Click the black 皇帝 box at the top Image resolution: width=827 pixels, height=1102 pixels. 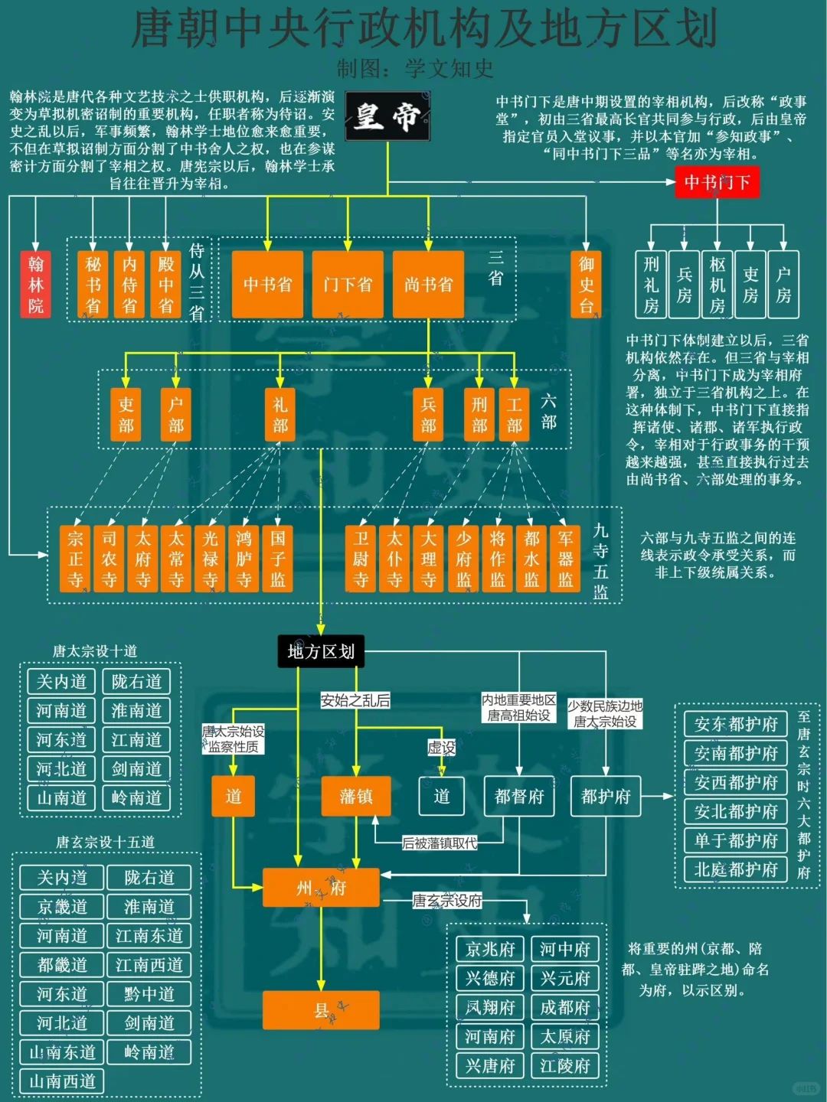pyautogui.click(x=387, y=116)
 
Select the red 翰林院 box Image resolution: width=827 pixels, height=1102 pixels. pyautogui.click(x=36, y=284)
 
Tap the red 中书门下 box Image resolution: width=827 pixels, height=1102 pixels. pyautogui.click(x=717, y=182)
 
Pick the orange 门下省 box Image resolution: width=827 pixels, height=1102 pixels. pyautogui.click(x=348, y=284)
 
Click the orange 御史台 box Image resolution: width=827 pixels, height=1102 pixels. pyautogui.click(x=587, y=284)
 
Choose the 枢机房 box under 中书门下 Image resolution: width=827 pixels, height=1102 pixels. pyautogui.click(x=717, y=284)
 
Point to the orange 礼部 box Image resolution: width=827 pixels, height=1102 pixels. pyautogui.click(x=280, y=414)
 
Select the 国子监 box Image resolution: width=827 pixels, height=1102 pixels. pyautogui.click(x=278, y=559)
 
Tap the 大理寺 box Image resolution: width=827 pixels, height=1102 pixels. pyautogui.click(x=429, y=559)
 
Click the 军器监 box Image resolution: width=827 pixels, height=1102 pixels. pyautogui.click(x=566, y=559)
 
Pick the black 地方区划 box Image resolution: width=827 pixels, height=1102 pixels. pyautogui.click(x=321, y=651)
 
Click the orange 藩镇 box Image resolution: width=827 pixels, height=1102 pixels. pyautogui.click(x=356, y=796)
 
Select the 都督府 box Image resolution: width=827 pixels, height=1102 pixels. pyautogui.click(x=519, y=796)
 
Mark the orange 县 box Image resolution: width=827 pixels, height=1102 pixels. pyautogui.click(x=321, y=1010)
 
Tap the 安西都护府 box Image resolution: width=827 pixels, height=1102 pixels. pyautogui.click(x=735, y=782)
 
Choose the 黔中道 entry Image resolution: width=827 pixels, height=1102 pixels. pyautogui.click(x=149, y=993)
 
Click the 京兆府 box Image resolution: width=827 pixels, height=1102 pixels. pyautogui.click(x=490, y=949)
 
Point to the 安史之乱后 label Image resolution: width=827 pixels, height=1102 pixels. pyautogui.click(x=355, y=699)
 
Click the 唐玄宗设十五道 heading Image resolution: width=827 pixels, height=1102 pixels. pyautogui.click(x=105, y=842)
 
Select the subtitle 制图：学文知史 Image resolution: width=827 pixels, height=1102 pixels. pyautogui.click(x=415, y=69)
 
